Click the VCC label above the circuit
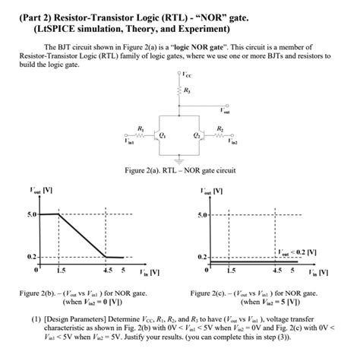pyautogui.click(x=188, y=75)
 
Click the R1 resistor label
pyautogui.click(x=138, y=126)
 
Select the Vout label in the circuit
pyautogui.click(x=223, y=109)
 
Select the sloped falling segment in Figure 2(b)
pyautogui.click(x=83, y=236)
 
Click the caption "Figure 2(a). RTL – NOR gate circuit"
pyautogui.click(x=179, y=170)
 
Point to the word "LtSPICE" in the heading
pyautogui.click(x=71, y=29)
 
